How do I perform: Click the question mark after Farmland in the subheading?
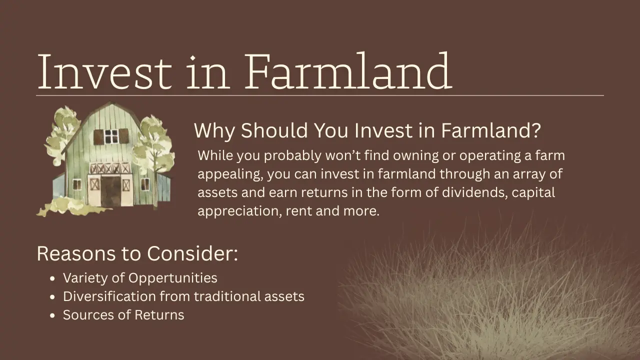pos(535,131)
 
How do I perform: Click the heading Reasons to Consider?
pos(137,253)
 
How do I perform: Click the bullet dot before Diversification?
pos(53,297)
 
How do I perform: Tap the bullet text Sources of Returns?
pos(123,315)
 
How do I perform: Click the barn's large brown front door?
pos(110,190)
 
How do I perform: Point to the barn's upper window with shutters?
pos(111,136)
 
